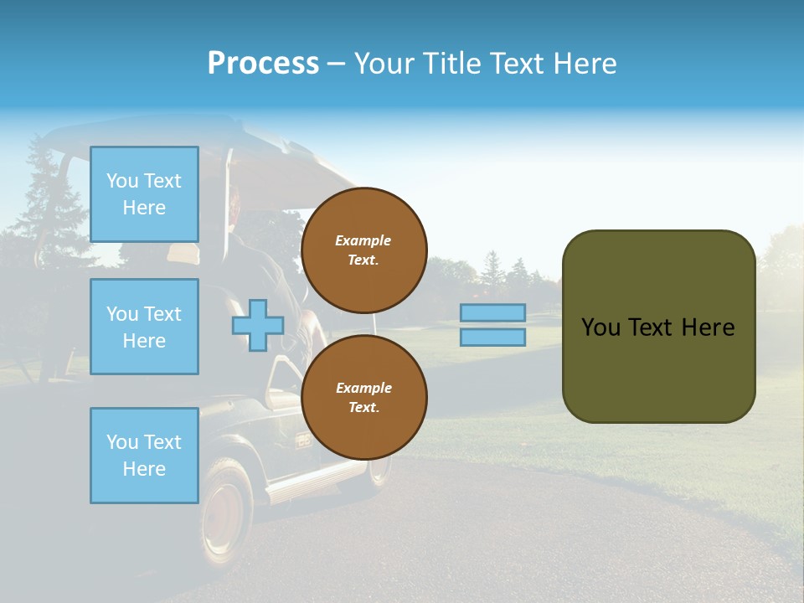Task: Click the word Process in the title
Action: (x=263, y=64)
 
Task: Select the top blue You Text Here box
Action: (x=144, y=194)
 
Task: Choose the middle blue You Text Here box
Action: (x=144, y=327)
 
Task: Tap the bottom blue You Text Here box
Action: (x=144, y=456)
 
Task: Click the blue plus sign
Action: (x=258, y=325)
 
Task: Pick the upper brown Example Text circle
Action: (x=363, y=250)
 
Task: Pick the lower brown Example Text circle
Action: (x=363, y=398)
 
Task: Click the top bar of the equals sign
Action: (x=492, y=312)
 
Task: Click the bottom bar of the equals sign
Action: (x=492, y=337)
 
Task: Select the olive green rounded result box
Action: (x=658, y=327)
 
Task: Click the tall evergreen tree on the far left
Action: (x=42, y=209)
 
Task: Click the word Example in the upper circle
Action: (x=363, y=240)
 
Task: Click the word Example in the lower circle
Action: (x=363, y=388)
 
